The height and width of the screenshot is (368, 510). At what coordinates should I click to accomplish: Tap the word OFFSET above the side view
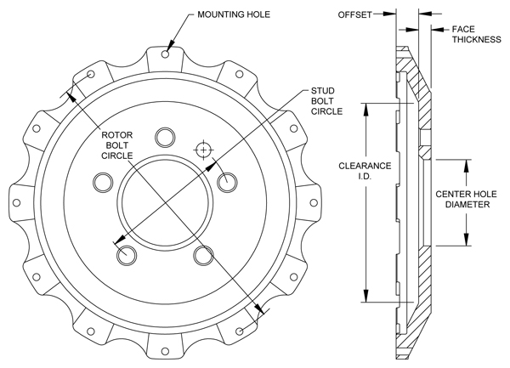354,14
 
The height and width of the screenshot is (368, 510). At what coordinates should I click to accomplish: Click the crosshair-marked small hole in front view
202,150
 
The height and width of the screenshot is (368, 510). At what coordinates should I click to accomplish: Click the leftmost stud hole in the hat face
104,181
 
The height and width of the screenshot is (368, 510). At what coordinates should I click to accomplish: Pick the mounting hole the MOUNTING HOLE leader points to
166,55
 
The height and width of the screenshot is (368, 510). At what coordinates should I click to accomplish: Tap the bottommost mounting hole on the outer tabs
166,352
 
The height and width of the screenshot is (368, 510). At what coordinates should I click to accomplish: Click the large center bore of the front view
166,202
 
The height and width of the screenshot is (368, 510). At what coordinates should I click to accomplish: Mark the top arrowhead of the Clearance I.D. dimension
365,107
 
